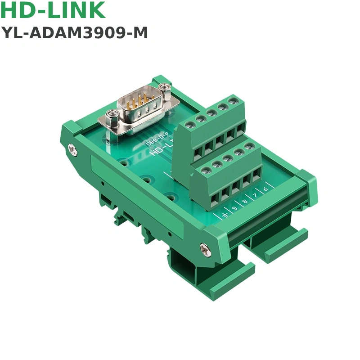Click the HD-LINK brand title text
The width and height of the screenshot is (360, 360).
(54, 11)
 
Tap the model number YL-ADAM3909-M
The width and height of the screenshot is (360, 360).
(75, 33)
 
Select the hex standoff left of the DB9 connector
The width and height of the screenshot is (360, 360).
(112, 118)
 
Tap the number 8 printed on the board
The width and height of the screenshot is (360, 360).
(245, 202)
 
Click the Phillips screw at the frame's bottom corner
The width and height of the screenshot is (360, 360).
(204, 247)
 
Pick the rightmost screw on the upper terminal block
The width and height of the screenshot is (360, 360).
(233, 102)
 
